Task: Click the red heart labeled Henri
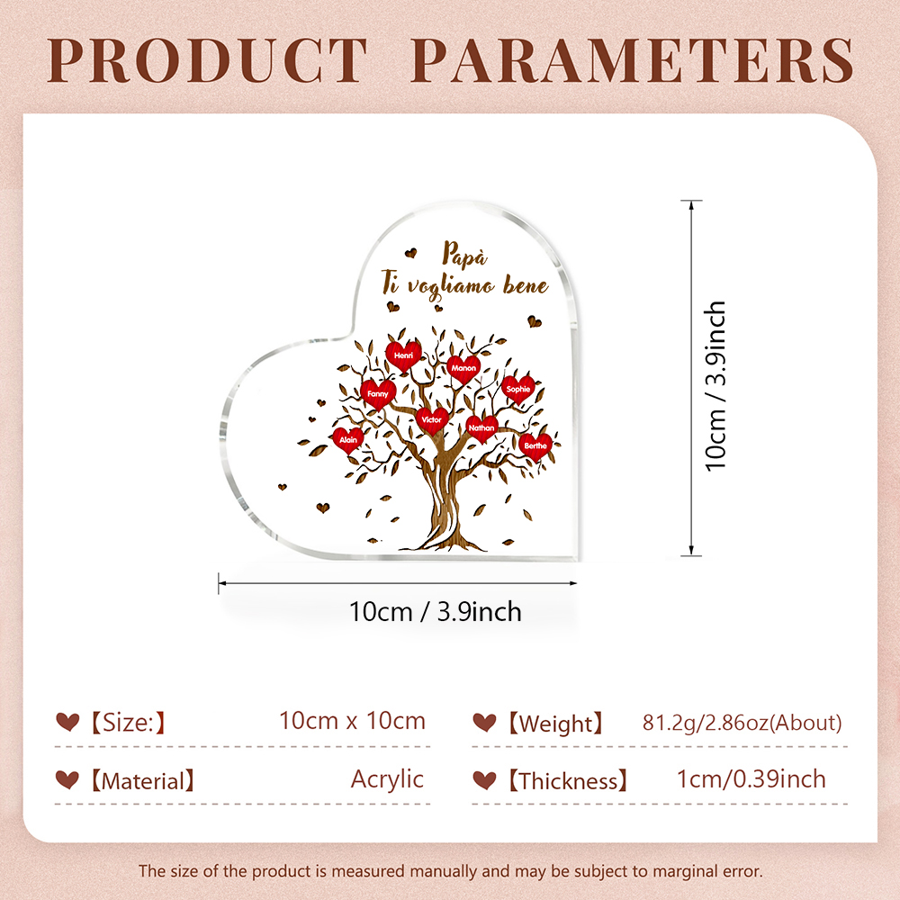point(403,355)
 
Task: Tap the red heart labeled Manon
point(463,368)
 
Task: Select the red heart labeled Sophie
point(518,390)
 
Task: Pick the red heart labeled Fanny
point(378,394)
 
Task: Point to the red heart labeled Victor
point(432,420)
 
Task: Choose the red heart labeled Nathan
point(481,428)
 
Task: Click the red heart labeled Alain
point(348,440)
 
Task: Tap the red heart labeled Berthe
point(535,446)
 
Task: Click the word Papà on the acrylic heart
point(465,255)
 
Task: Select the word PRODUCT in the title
point(207,60)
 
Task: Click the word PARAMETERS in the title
point(633,60)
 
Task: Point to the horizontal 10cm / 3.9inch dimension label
point(435,612)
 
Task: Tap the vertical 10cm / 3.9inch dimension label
point(715,386)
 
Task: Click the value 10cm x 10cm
point(353,721)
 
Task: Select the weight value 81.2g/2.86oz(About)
point(742,723)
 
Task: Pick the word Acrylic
point(387,779)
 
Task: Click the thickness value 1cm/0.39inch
point(751,779)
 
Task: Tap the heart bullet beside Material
point(67,779)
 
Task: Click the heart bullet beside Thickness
point(484,779)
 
